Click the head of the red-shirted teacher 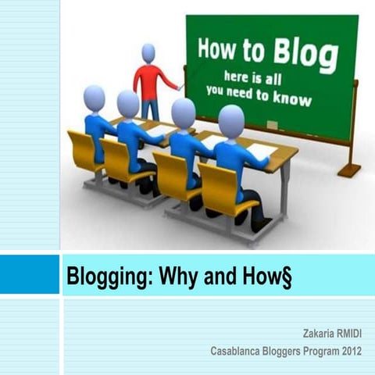tap(148, 53)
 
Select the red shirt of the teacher tap(148, 80)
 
